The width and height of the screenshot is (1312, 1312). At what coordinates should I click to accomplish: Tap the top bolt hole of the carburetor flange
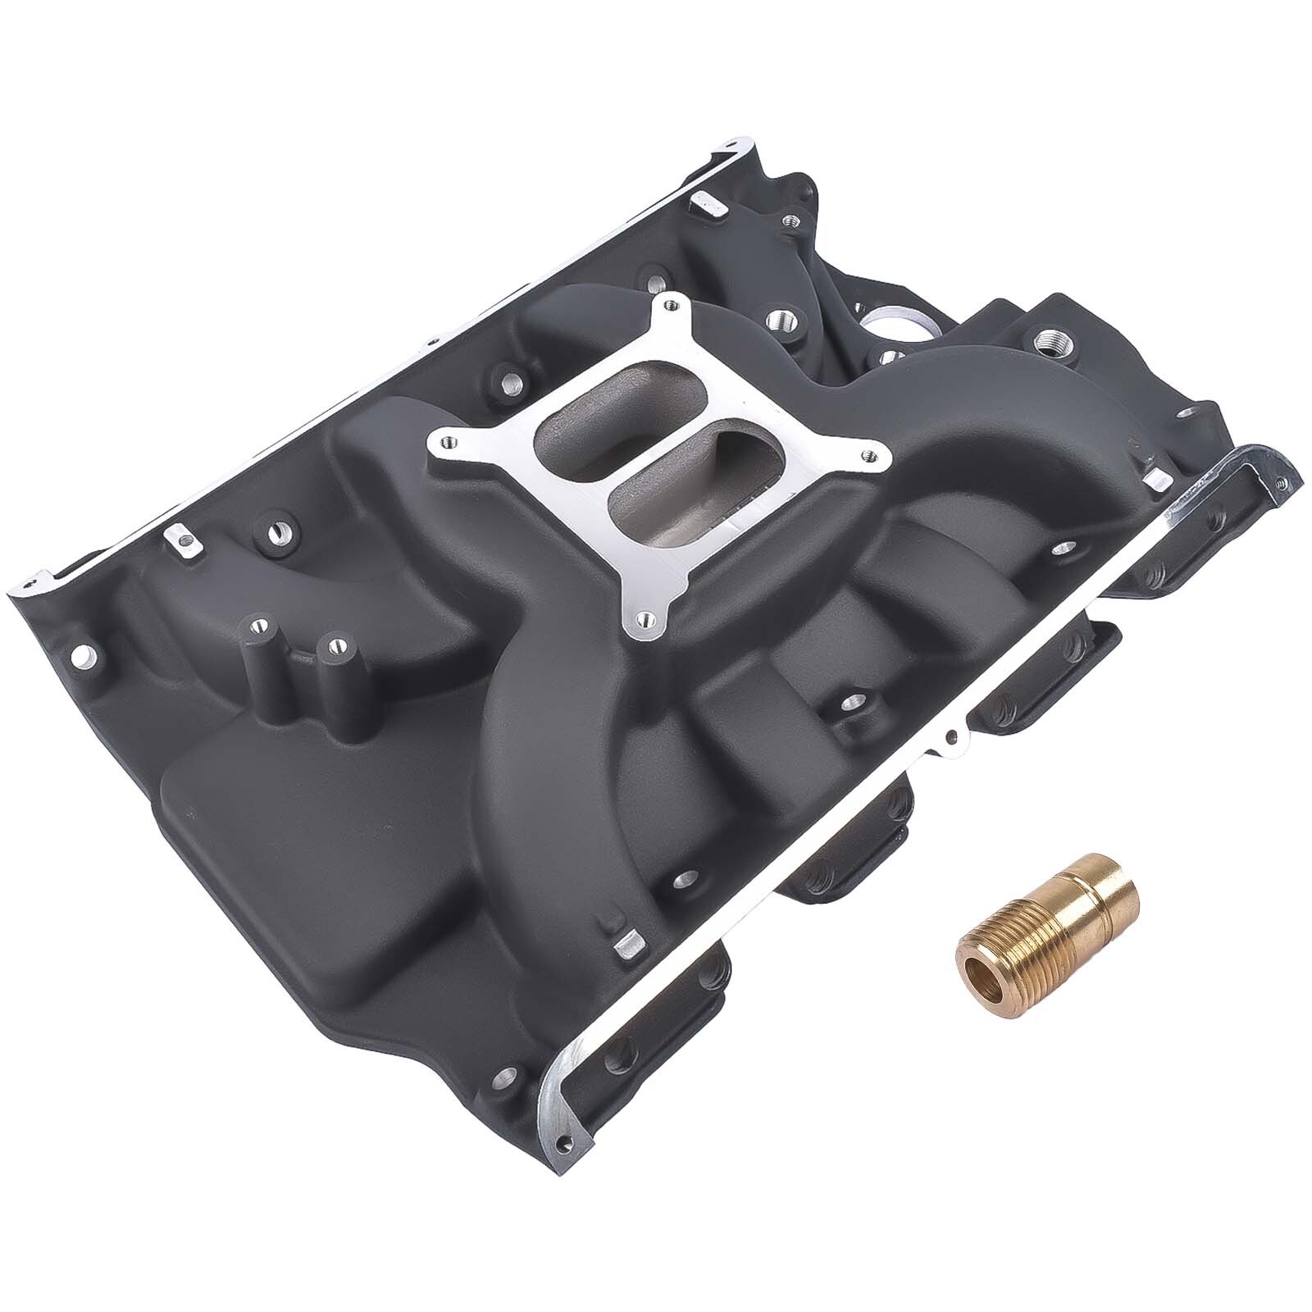(672, 306)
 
